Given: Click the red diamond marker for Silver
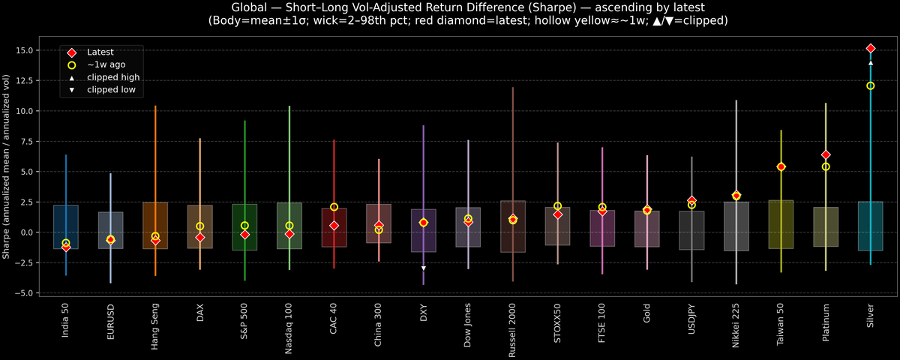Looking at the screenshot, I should [870, 48].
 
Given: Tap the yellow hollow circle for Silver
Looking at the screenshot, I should [870, 85].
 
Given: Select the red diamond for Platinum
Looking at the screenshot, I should [826, 154].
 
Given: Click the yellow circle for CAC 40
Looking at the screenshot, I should [334, 207].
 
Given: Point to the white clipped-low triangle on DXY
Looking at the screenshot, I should [423, 268].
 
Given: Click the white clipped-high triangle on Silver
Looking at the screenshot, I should [870, 63].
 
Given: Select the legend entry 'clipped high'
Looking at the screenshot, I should [112, 77].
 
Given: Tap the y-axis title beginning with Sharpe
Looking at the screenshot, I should [7, 166].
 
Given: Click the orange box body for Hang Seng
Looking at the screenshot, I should [155, 225].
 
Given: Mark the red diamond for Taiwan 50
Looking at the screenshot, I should [781, 166].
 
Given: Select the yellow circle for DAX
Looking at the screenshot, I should [199, 226].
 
